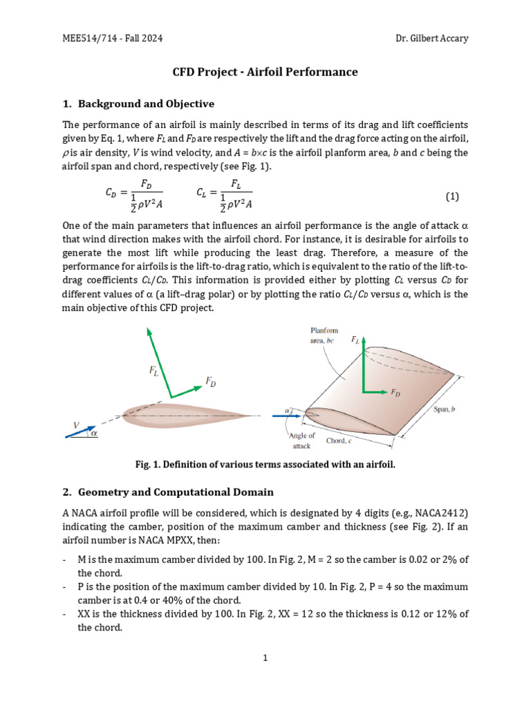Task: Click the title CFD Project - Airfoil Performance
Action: point(265,72)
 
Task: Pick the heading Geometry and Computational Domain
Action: point(176,492)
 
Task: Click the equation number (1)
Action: point(452,196)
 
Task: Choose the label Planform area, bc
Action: point(324,336)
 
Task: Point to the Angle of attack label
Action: point(301,441)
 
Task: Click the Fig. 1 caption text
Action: point(265,465)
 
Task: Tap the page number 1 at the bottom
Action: point(265,658)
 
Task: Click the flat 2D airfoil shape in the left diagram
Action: point(180,415)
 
